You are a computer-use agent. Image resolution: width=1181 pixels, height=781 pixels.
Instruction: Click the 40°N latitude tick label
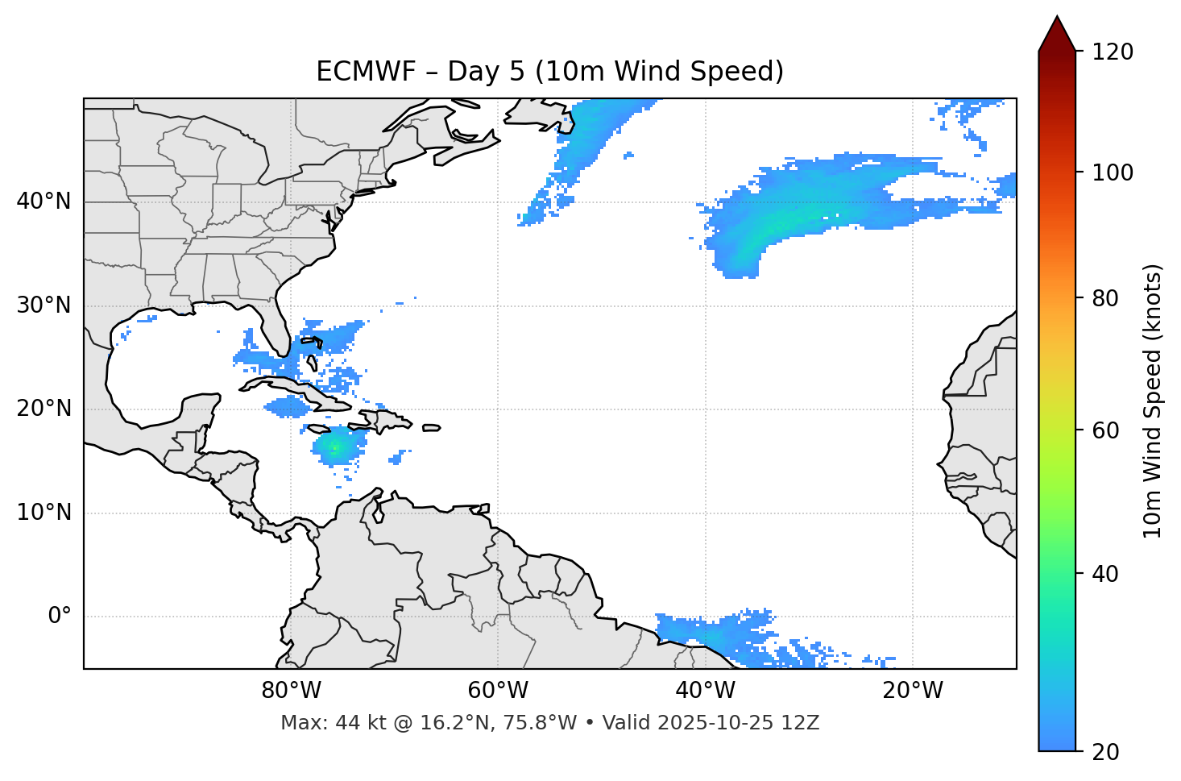pyautogui.click(x=44, y=201)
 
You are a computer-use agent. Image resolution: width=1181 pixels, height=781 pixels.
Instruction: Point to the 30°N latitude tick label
pyautogui.click(x=44, y=305)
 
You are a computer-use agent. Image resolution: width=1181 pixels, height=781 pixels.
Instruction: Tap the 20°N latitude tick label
pyautogui.click(x=44, y=409)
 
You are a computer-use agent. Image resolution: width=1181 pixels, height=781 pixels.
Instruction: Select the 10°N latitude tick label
pyautogui.click(x=44, y=513)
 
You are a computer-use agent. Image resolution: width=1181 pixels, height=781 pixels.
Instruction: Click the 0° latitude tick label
pyautogui.click(x=59, y=617)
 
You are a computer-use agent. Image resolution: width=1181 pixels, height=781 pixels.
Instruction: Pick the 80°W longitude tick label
pyautogui.click(x=291, y=691)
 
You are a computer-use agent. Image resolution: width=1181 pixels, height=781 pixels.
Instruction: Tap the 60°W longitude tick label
pyautogui.click(x=497, y=691)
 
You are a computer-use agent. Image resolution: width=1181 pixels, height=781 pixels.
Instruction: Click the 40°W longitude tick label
pyautogui.click(x=705, y=691)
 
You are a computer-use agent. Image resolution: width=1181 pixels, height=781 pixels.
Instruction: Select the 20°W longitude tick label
pyautogui.click(x=913, y=691)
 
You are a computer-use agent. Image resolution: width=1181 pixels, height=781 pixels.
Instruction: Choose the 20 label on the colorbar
pyautogui.click(x=1105, y=752)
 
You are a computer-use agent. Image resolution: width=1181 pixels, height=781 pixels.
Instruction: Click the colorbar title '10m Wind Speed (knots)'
pyautogui.click(x=1153, y=401)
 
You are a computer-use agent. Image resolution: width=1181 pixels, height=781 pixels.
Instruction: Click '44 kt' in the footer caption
pyautogui.click(x=355, y=723)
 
